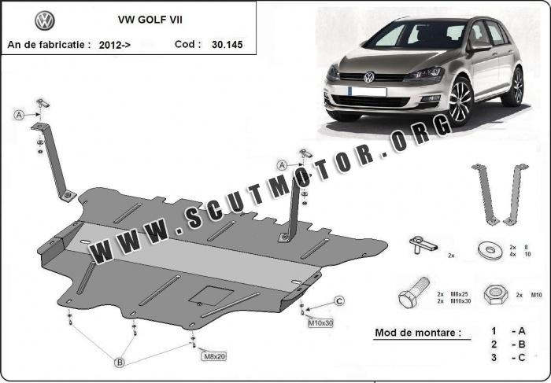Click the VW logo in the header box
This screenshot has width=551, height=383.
45,20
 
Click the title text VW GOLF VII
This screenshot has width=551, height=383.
150,20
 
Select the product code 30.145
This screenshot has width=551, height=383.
227,45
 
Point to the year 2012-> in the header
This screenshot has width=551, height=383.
115,45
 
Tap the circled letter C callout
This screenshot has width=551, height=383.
339,301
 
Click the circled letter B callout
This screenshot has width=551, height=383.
120,363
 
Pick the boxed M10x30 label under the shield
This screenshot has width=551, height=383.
320,323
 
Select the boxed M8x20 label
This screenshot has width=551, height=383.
213,356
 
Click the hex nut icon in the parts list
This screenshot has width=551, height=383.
495,295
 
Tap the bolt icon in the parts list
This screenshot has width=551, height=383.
414,293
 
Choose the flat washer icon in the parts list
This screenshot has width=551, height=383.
490,251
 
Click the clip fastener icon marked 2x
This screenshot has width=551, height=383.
423,245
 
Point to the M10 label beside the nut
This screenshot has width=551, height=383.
536,295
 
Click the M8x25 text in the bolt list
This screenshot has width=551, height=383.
460,294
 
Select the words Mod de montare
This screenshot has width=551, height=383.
418,332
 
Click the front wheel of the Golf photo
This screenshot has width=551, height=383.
460,101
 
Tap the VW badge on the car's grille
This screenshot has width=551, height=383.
369,77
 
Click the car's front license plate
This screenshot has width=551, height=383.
368,92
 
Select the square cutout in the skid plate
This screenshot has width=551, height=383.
211,296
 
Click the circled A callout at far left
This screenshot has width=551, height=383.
19,115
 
